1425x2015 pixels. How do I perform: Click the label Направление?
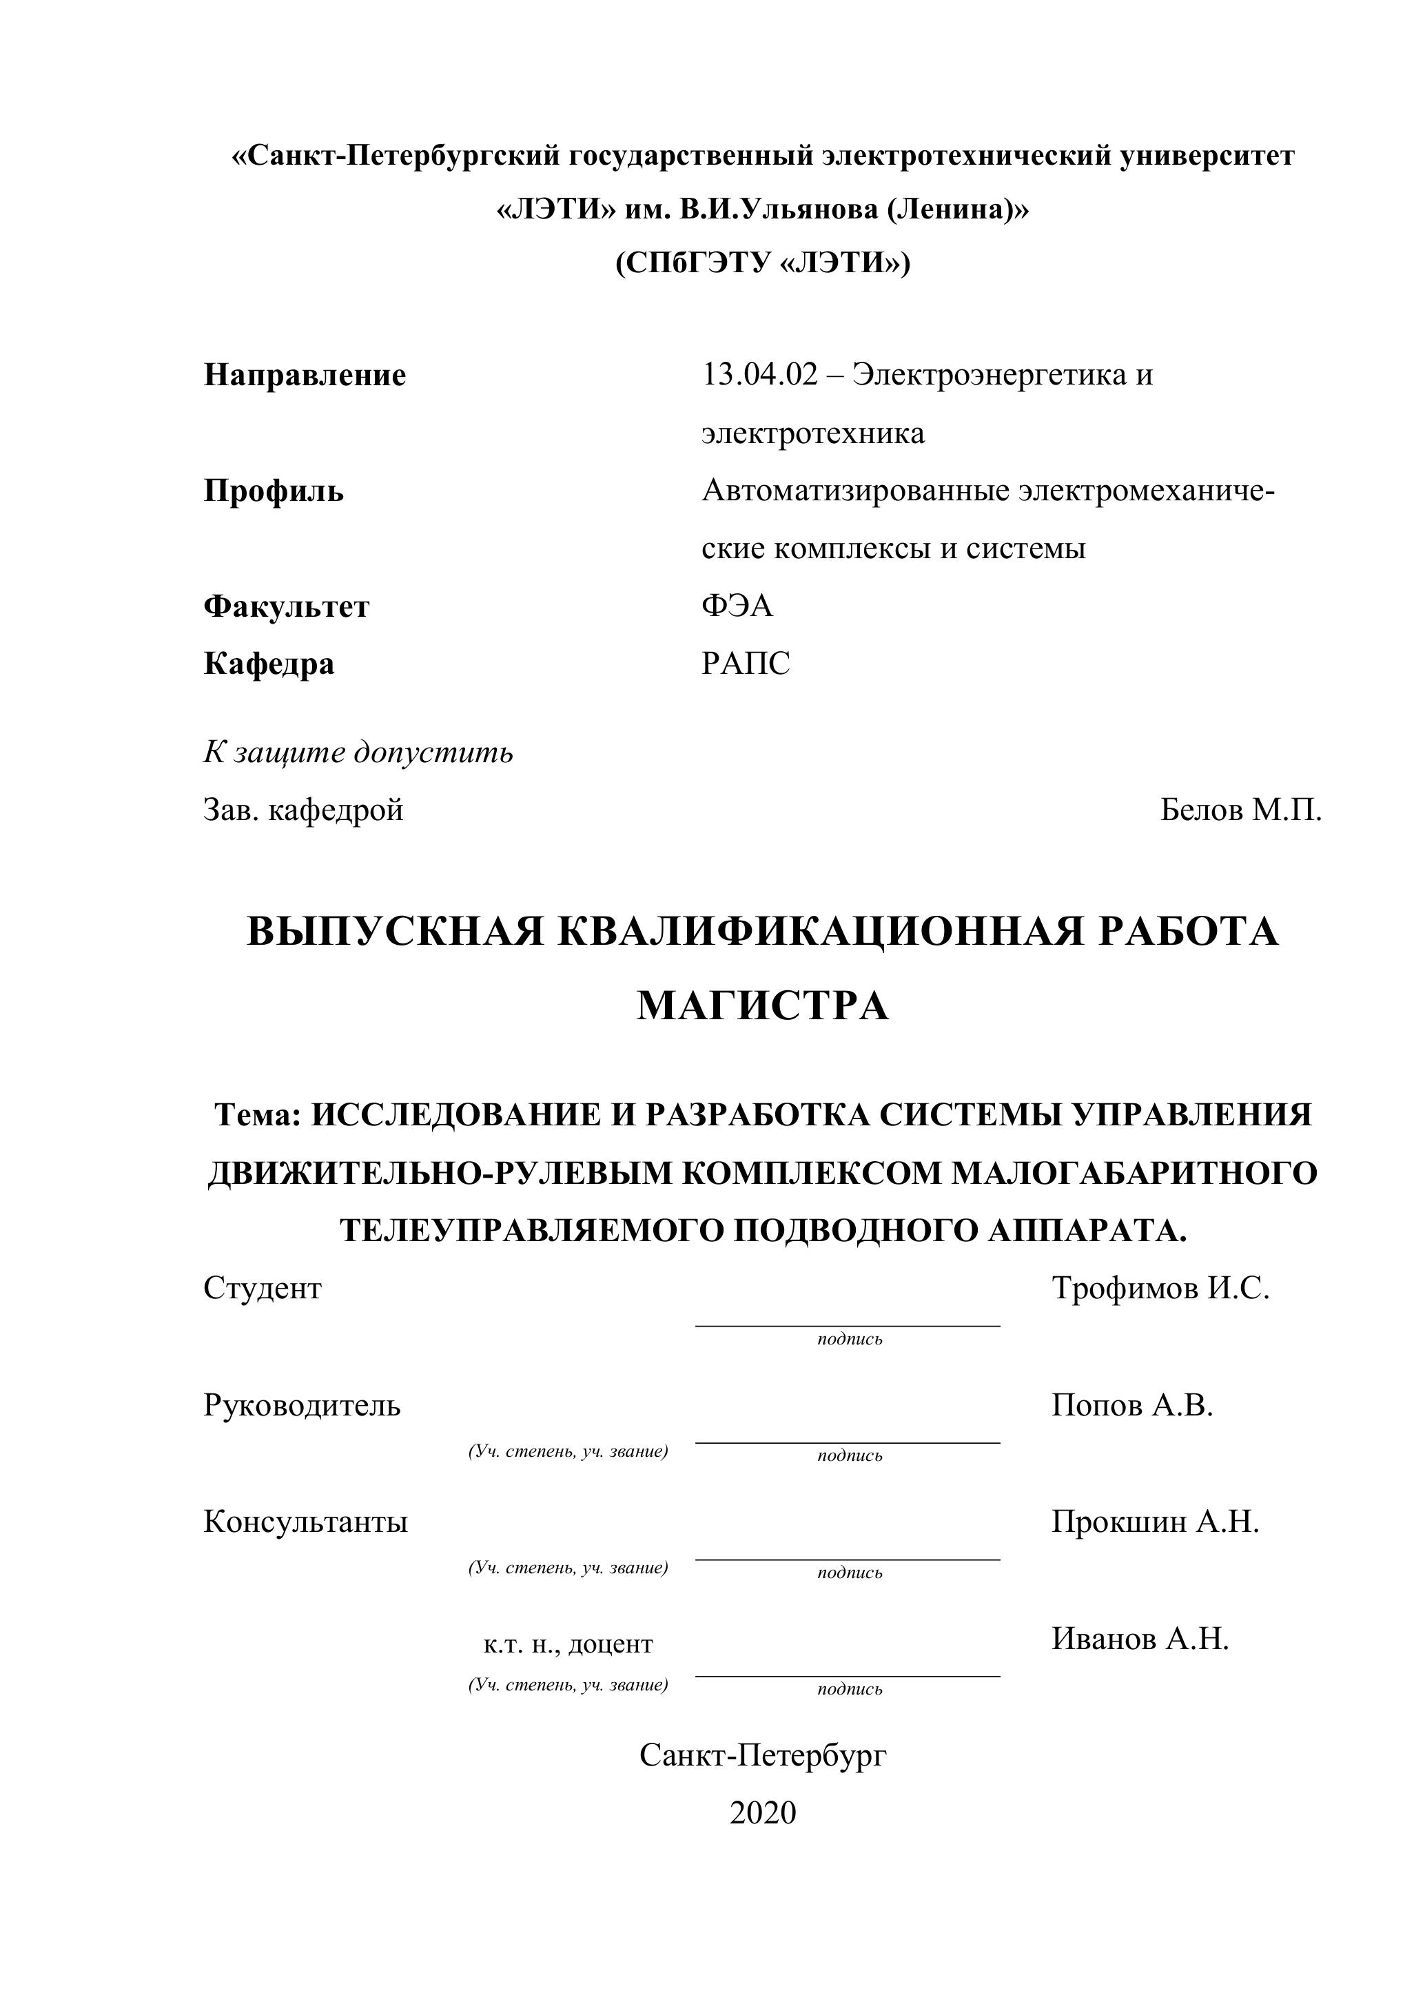(305, 376)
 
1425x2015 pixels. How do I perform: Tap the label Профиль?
(273, 491)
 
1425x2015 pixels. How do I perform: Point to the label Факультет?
(286, 606)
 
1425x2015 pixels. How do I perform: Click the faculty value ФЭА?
(737, 606)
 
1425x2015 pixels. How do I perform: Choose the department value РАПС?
(746, 664)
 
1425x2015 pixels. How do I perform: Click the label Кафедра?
(269, 664)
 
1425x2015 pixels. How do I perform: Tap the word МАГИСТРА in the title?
(763, 1005)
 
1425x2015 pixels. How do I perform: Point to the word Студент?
(263, 1289)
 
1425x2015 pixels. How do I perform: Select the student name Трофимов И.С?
(1160, 1289)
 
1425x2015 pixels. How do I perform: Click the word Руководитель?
(302, 1405)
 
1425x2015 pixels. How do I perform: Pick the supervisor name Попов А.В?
(1132, 1405)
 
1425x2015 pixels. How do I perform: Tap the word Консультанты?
(305, 1521)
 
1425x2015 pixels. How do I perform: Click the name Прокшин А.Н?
(1155, 1521)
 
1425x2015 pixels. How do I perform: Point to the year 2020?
(763, 1813)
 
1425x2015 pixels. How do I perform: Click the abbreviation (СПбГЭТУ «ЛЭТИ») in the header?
(763, 263)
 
